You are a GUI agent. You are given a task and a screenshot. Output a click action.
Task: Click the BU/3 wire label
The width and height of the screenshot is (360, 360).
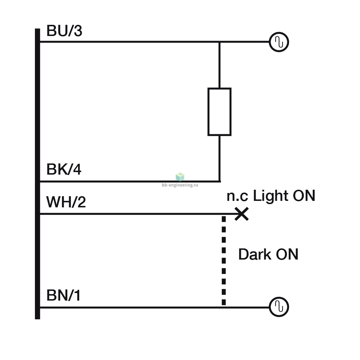[64, 31]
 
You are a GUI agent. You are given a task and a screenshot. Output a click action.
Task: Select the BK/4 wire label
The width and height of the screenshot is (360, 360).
[64, 170]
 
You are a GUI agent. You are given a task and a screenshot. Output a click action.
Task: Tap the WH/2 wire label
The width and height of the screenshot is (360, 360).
[66, 202]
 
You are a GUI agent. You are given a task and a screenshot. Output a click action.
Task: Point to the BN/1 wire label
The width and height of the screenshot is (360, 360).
[63, 295]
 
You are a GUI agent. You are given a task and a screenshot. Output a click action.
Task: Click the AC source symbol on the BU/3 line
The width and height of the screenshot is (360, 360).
[279, 42]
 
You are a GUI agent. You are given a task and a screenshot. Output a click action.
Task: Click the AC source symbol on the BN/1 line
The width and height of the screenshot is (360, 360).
[279, 307]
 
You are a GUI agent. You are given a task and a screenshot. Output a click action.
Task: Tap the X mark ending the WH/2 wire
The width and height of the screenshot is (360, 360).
[242, 214]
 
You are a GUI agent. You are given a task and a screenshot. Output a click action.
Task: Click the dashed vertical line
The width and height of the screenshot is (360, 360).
[224, 261]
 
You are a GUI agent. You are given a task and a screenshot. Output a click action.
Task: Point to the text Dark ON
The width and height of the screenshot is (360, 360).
[268, 255]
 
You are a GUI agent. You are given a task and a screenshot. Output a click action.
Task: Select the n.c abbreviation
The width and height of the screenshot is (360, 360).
[237, 197]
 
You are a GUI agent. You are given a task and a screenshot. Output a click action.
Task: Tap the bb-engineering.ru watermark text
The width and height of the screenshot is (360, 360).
[180, 185]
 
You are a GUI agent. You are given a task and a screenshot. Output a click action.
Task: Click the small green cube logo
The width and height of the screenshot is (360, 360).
[180, 177]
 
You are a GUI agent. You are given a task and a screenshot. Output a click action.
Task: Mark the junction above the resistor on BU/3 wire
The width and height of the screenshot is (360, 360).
[220, 42]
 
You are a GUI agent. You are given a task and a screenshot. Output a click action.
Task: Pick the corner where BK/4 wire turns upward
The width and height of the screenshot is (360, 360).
[220, 181]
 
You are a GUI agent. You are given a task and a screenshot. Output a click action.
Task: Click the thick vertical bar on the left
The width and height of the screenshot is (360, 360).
[37, 174]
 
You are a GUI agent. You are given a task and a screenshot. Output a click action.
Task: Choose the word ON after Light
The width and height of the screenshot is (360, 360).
[304, 196]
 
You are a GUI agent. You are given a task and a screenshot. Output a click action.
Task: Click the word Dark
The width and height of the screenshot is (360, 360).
[255, 255]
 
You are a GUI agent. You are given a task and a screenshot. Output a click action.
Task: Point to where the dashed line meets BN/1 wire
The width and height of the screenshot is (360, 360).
[224, 307]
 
